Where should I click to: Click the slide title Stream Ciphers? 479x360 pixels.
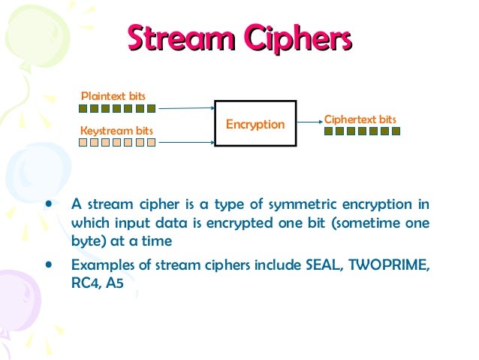pos(239,40)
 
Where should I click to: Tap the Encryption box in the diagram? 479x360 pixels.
pos(255,123)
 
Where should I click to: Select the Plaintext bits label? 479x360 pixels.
pos(113,96)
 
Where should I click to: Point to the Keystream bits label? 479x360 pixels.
pos(116,131)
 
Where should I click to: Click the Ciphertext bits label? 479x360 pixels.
pos(360,119)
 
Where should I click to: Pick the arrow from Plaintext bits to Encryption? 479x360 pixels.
pos(187,108)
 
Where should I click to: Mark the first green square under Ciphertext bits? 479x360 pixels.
pos(329,131)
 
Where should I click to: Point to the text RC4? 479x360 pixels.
pos(84,285)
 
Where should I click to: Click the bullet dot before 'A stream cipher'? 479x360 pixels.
pos(50,204)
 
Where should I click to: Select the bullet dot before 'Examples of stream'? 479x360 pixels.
pos(50,265)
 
